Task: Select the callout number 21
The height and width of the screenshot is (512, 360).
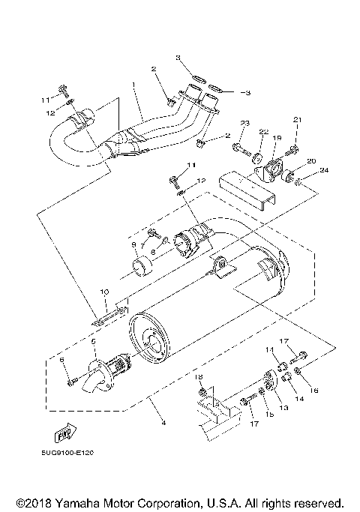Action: coord(296,120)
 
